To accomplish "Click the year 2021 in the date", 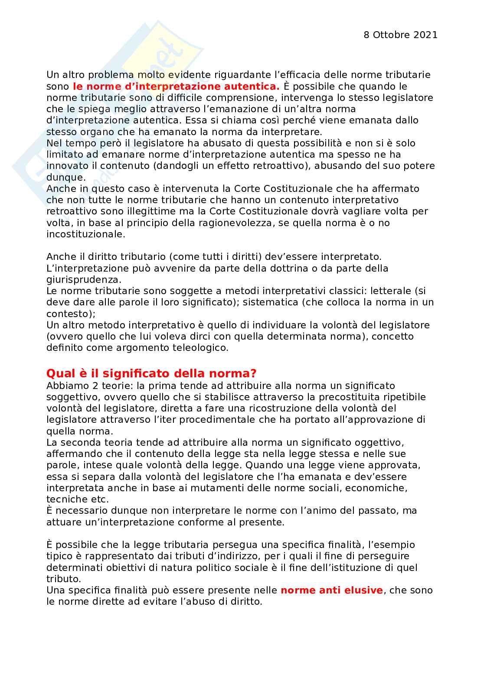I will [x=426, y=35].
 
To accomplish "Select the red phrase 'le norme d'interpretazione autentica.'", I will [x=176, y=86].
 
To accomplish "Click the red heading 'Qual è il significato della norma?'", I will [x=151, y=373].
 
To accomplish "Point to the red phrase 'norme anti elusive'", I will [x=332, y=590].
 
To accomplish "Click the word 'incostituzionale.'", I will [x=86, y=234].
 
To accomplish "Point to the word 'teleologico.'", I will [x=200, y=347].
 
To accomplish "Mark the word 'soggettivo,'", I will [x=71, y=397].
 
